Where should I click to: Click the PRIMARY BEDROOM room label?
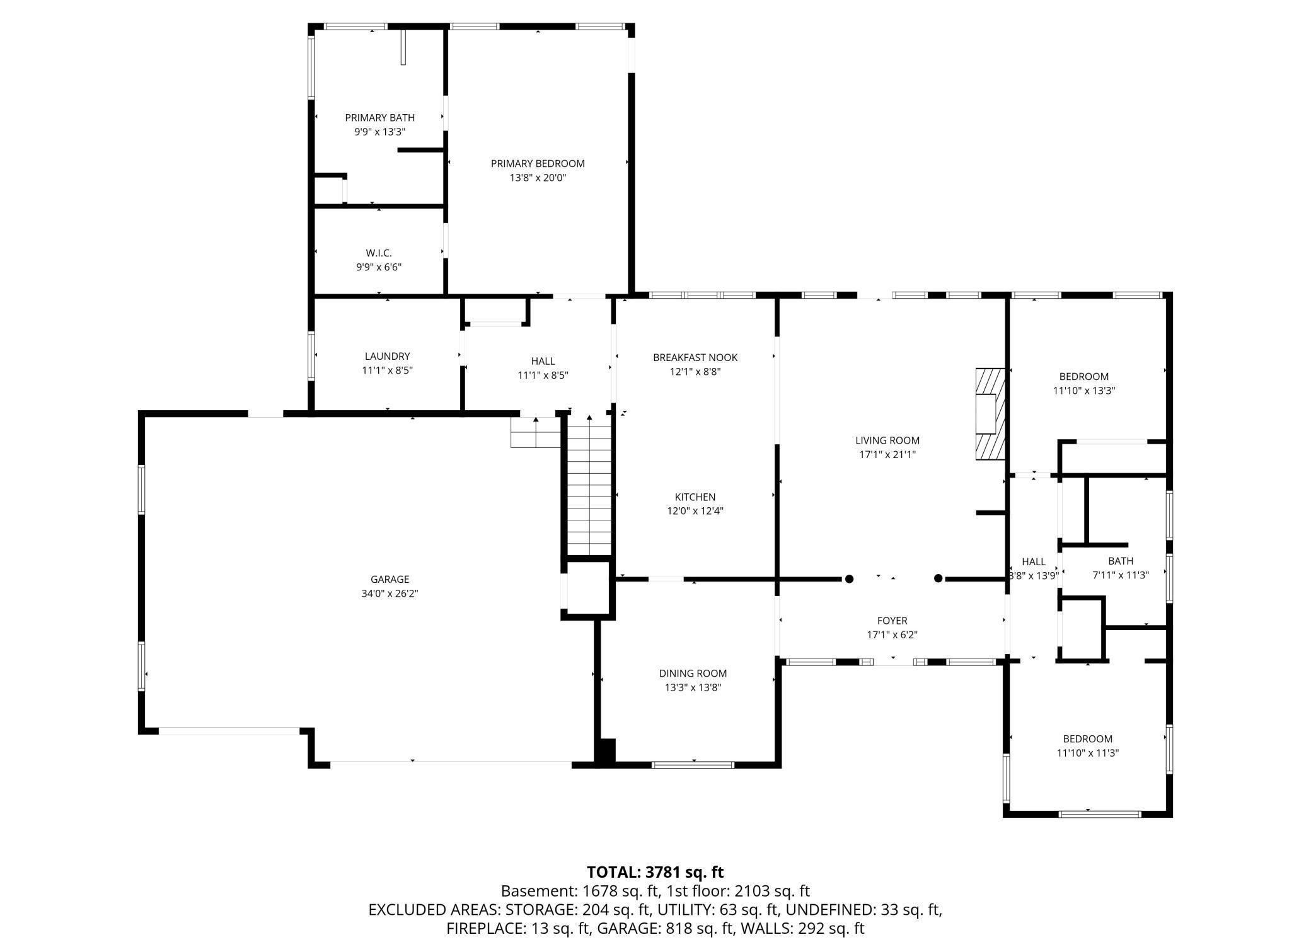pyautogui.click(x=538, y=163)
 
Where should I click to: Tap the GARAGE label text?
pyautogui.click(x=390, y=579)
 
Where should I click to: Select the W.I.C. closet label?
pyautogui.click(x=379, y=253)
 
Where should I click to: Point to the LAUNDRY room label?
pyautogui.click(x=387, y=356)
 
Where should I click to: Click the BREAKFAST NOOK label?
pyautogui.click(x=695, y=357)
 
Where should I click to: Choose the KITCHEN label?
pyautogui.click(x=695, y=497)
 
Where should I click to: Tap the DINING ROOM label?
pyautogui.click(x=693, y=673)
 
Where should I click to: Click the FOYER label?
pyautogui.click(x=892, y=621)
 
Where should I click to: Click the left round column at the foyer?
pyautogui.click(x=849, y=578)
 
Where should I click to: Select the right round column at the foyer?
pyautogui.click(x=938, y=578)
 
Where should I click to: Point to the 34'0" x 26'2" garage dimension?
pyautogui.click(x=390, y=594)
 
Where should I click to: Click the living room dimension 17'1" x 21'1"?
pyautogui.click(x=887, y=454)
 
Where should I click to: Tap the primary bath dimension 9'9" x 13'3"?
pyautogui.click(x=379, y=132)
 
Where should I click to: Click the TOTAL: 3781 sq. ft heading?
pyautogui.click(x=655, y=872)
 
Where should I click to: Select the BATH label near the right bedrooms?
pyautogui.click(x=1120, y=561)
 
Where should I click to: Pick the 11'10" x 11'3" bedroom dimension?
pyautogui.click(x=1087, y=752)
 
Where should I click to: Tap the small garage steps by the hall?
pyautogui.click(x=535, y=432)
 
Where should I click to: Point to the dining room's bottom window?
pyautogui.click(x=693, y=765)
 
